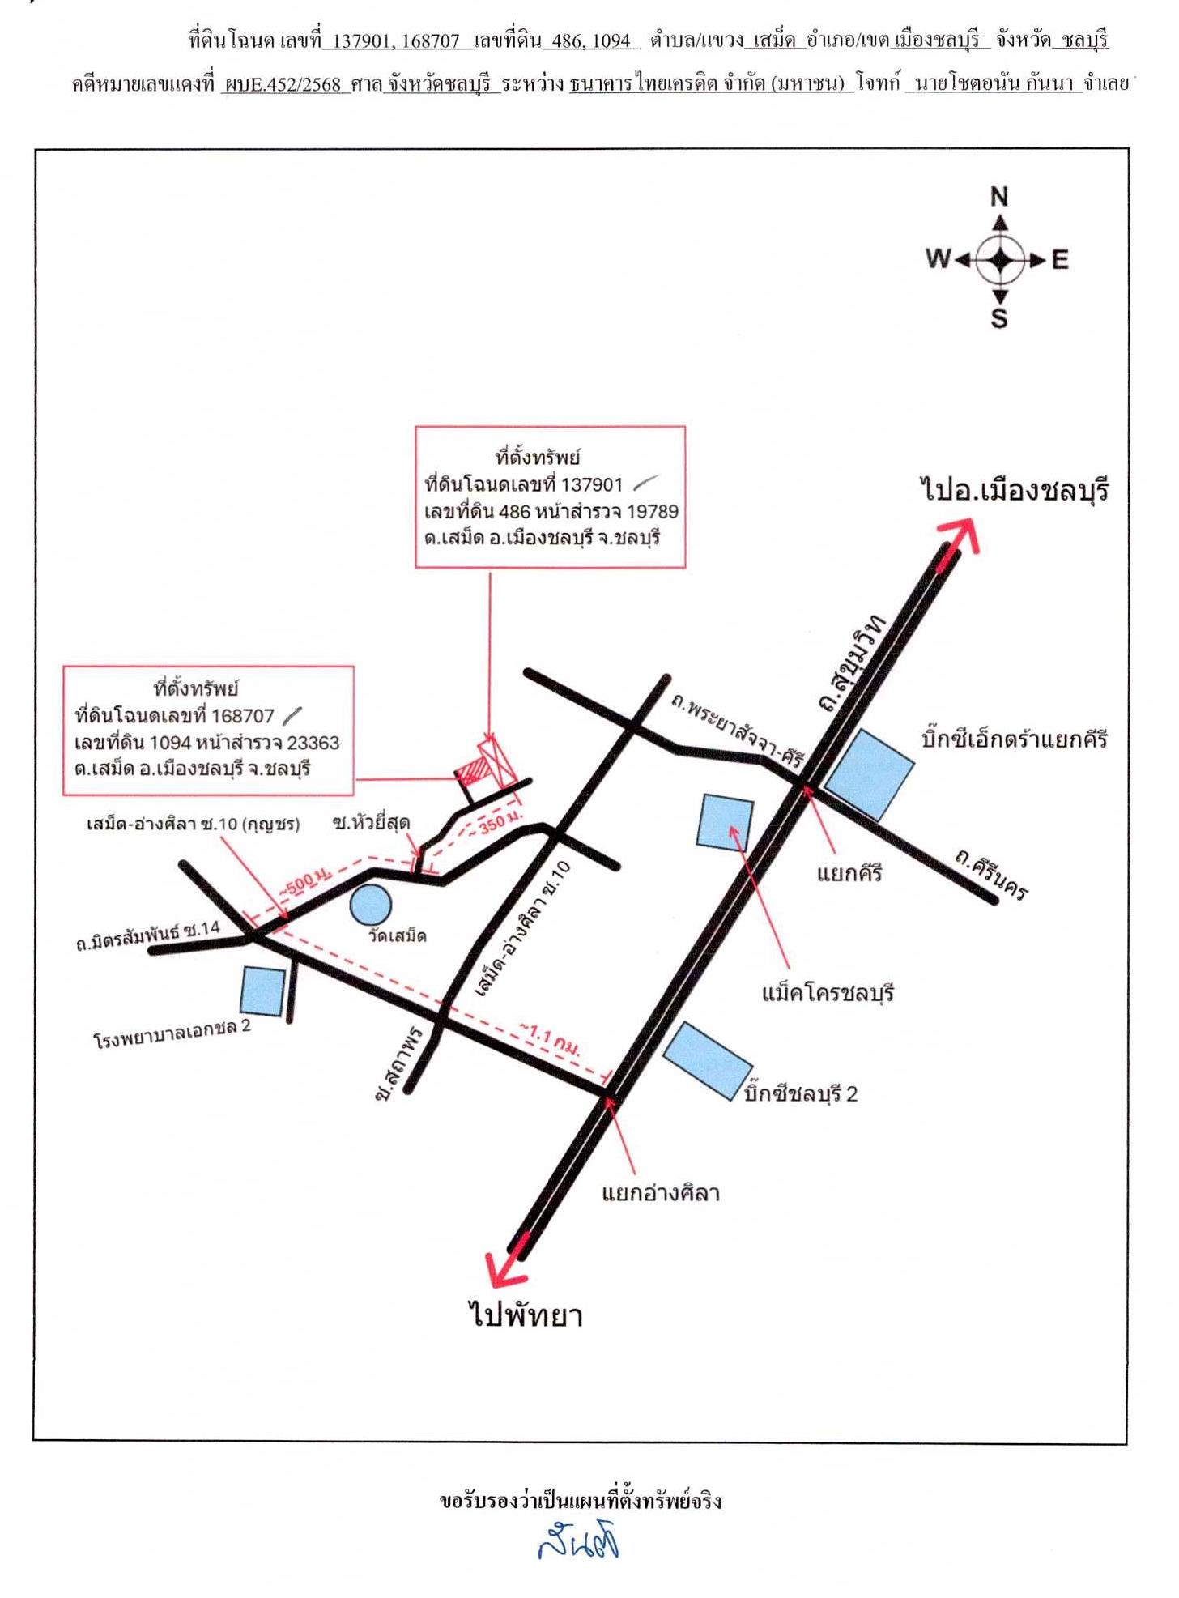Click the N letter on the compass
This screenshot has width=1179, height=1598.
pos(999,197)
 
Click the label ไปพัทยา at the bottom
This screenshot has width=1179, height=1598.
pos(526,1314)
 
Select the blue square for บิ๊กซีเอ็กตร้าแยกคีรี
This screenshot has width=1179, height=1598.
pos(869,774)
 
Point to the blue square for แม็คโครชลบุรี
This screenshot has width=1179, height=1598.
pos(726,822)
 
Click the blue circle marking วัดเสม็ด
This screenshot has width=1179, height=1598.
pos(370,905)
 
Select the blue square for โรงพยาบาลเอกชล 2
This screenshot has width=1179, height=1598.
pos(262,991)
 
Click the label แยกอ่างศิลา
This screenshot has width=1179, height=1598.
pos(661,1193)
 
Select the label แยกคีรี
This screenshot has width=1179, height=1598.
pos(849,874)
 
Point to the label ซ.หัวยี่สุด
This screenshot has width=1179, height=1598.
pos(371,823)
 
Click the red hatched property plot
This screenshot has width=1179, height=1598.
pos(476,766)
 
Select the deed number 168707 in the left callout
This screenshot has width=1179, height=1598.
pos(243,716)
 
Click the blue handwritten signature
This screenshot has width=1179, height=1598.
pos(579,1542)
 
